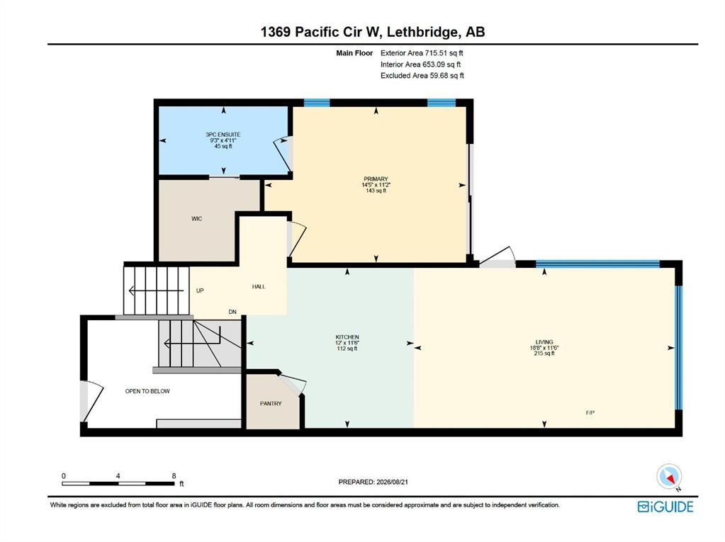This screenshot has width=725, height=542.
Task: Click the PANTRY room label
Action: (x=271, y=403)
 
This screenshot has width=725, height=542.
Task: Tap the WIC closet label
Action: (x=196, y=218)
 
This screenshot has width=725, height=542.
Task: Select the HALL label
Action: (x=259, y=286)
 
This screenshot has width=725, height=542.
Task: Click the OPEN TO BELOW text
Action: (x=147, y=391)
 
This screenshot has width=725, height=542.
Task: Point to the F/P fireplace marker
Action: (x=590, y=412)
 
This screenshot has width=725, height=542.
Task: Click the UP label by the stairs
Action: (x=200, y=290)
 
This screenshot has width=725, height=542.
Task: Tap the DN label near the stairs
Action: (x=232, y=312)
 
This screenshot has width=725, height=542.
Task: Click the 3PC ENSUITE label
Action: (x=223, y=135)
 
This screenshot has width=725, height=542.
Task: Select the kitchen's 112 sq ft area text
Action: (x=347, y=349)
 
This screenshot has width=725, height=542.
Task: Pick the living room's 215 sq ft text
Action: (x=544, y=354)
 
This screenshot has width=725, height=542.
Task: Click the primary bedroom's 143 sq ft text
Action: (x=376, y=191)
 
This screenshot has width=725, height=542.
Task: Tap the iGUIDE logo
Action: (x=665, y=507)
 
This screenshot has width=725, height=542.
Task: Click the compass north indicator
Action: (x=669, y=477)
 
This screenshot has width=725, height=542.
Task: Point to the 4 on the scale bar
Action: (x=118, y=476)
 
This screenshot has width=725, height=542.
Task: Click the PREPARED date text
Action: (x=373, y=482)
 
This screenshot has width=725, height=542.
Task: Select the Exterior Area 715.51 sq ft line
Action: (x=422, y=53)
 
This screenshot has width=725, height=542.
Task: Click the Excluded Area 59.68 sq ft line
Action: (x=422, y=75)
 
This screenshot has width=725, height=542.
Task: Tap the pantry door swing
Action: (x=294, y=383)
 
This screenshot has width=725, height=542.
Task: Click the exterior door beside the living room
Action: (x=498, y=257)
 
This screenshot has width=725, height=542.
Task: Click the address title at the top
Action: (x=373, y=32)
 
